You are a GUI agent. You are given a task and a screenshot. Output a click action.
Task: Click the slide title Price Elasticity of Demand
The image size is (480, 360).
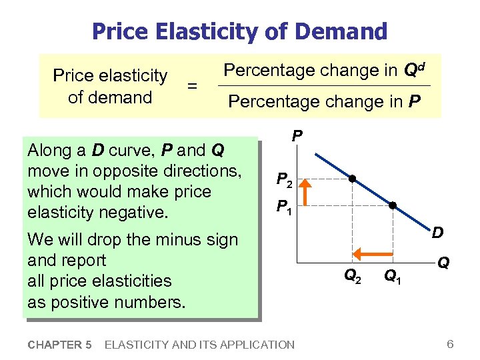239,31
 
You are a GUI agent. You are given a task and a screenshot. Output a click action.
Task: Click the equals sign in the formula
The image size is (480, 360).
192,86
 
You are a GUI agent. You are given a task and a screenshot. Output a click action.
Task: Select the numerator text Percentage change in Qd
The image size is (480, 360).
324,70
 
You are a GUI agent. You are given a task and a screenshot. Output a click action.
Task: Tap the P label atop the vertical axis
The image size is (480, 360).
297,136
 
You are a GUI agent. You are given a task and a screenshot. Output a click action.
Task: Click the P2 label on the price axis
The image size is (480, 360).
284,179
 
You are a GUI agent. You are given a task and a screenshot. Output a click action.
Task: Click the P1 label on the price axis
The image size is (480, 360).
284,207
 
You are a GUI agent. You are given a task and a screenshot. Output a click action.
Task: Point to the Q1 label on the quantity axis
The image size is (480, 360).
393,275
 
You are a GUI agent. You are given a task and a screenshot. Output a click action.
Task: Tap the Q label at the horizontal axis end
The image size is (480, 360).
443,264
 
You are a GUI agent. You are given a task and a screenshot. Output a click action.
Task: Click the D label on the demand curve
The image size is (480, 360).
438,233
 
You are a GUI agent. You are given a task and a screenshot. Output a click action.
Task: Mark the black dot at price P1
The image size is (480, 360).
393,205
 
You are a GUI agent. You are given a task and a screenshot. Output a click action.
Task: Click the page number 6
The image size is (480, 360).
450,344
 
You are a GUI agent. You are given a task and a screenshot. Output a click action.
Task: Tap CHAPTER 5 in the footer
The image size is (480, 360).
60,345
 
